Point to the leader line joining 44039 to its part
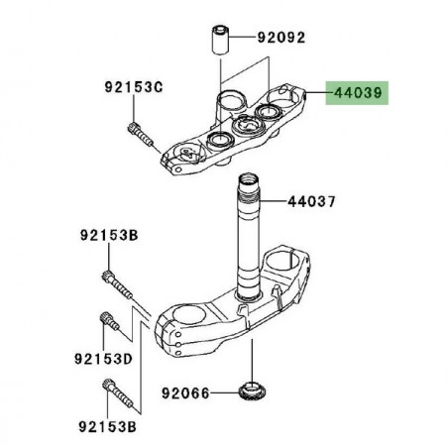[315, 93]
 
